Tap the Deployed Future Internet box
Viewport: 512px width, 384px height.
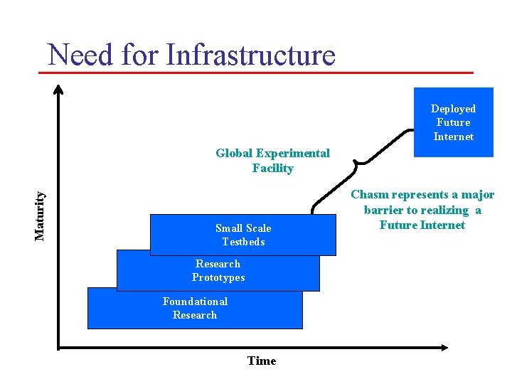coord(453,122)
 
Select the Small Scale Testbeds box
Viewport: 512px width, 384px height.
coord(243,235)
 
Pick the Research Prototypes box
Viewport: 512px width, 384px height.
coord(218,271)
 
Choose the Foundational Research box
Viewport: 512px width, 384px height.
coord(195,309)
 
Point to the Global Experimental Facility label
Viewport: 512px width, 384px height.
coord(272,161)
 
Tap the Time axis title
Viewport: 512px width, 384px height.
coord(262,361)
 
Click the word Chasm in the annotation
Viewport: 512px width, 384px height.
coord(369,195)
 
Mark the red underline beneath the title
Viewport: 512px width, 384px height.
coord(260,73)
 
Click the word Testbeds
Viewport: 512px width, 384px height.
coord(243,242)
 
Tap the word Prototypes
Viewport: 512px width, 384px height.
coord(218,277)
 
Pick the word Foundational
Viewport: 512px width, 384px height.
coord(195,302)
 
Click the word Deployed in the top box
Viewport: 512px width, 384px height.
coord(453,109)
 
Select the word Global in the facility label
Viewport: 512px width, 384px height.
coord(234,154)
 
